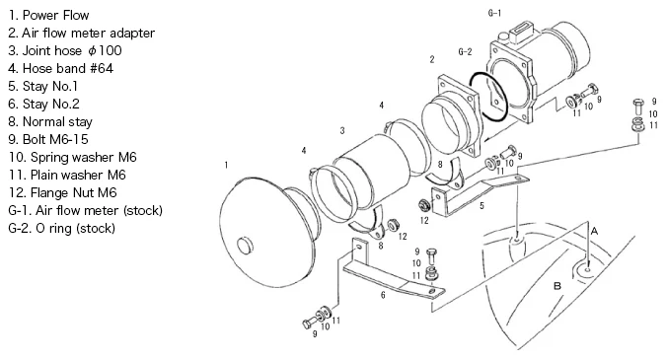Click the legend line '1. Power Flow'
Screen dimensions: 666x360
[x=48, y=15]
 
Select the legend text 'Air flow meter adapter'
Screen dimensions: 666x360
[x=89, y=34]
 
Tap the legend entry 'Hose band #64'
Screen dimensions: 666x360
[x=68, y=68]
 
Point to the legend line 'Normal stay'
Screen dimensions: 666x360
[x=57, y=122]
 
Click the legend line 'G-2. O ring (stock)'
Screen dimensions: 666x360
[x=61, y=229]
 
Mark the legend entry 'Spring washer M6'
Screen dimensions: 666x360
[x=84, y=158]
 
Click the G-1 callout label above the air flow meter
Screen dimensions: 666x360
[x=494, y=13]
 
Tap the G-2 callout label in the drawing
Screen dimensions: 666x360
[x=465, y=52]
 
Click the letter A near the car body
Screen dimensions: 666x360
[x=594, y=232]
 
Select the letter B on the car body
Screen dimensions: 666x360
[x=557, y=286]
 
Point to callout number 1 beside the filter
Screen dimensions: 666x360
[x=226, y=165]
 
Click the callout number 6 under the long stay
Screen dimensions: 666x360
[x=383, y=295]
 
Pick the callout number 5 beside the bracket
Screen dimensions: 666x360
[x=481, y=206]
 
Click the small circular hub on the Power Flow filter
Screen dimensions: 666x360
[x=245, y=247]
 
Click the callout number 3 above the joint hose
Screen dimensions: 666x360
[x=342, y=131]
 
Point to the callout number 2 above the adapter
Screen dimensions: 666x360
[x=432, y=59]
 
